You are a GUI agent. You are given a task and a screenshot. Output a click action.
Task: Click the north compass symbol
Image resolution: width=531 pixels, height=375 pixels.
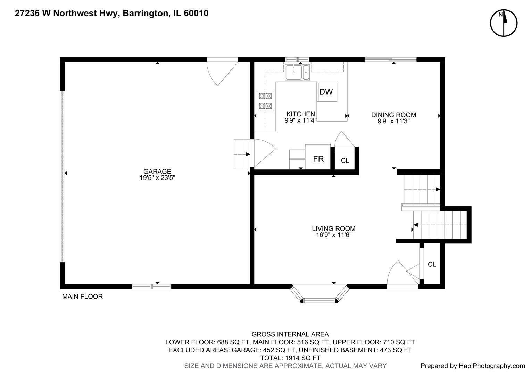(504, 23)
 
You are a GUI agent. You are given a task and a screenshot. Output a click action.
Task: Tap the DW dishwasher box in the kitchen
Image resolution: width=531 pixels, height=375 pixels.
(327, 92)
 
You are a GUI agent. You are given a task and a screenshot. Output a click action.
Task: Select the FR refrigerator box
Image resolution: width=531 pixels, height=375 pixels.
(318, 159)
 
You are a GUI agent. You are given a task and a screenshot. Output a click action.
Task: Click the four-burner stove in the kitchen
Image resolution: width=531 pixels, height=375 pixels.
(266, 101)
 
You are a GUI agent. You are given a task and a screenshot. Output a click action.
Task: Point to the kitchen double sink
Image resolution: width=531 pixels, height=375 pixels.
(297, 72)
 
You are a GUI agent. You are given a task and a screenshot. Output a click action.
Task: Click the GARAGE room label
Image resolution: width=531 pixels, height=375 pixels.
(157, 171)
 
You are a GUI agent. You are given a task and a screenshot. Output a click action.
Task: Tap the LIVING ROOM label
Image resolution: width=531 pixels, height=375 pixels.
(333, 228)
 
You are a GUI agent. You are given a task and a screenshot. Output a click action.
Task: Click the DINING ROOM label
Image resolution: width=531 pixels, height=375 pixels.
(393, 115)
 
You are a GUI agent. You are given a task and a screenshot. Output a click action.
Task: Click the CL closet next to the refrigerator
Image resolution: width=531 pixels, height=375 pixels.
(345, 160)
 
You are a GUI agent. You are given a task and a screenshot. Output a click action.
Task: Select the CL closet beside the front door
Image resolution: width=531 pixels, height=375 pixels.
(432, 264)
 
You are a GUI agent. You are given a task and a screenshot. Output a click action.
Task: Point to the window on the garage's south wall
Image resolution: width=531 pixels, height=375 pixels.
(151, 286)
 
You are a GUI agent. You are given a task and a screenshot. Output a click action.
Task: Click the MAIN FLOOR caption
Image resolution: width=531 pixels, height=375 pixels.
(82, 297)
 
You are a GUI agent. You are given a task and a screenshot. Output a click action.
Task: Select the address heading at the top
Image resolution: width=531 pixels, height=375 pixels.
(111, 14)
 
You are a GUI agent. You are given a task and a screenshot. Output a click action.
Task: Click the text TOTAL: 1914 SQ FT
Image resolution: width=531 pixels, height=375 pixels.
(290, 358)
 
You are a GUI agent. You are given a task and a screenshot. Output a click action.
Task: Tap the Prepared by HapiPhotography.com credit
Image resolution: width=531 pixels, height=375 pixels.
(473, 366)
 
